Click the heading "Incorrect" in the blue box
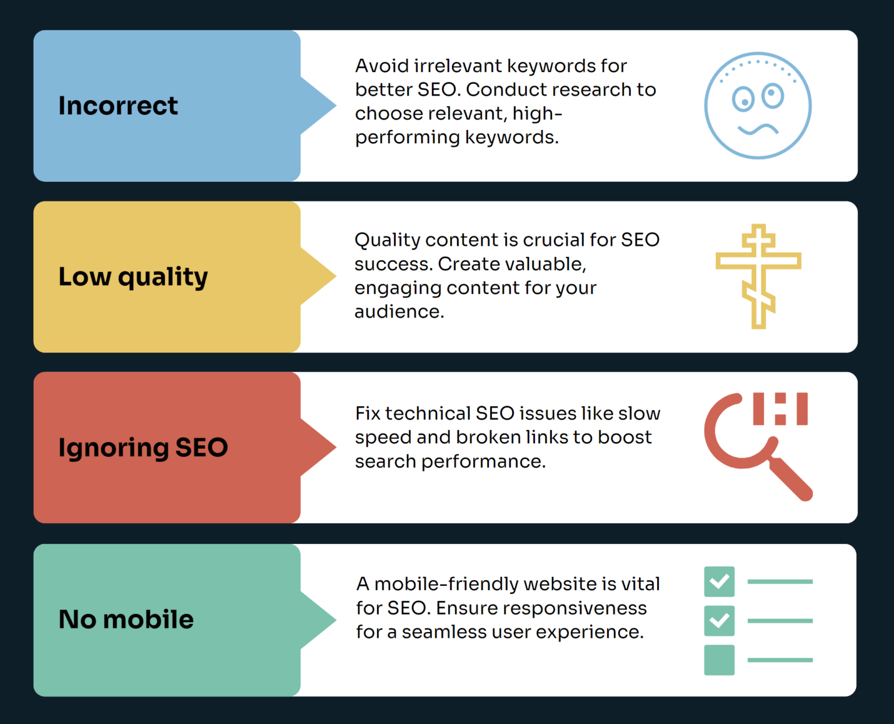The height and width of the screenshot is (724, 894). coord(118,105)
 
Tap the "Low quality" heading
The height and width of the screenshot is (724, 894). coord(133,277)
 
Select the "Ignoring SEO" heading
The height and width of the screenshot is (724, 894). coord(143,448)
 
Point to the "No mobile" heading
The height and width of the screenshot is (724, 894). coord(126,619)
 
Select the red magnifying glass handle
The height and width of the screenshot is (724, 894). coord(791,479)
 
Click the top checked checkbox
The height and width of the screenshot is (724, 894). coord(719,582)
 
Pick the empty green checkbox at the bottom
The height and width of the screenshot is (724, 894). coord(719,660)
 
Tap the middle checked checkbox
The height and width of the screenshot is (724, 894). coord(719,621)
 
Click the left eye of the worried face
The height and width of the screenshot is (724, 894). coord(743,100)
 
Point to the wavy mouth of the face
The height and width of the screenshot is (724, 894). coord(758,129)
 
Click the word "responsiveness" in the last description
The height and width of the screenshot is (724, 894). coord(541,609)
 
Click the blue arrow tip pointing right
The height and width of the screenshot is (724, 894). coord(335,105)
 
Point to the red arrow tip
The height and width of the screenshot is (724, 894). coord(335,447)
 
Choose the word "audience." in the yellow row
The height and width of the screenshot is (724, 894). coord(399,312)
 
